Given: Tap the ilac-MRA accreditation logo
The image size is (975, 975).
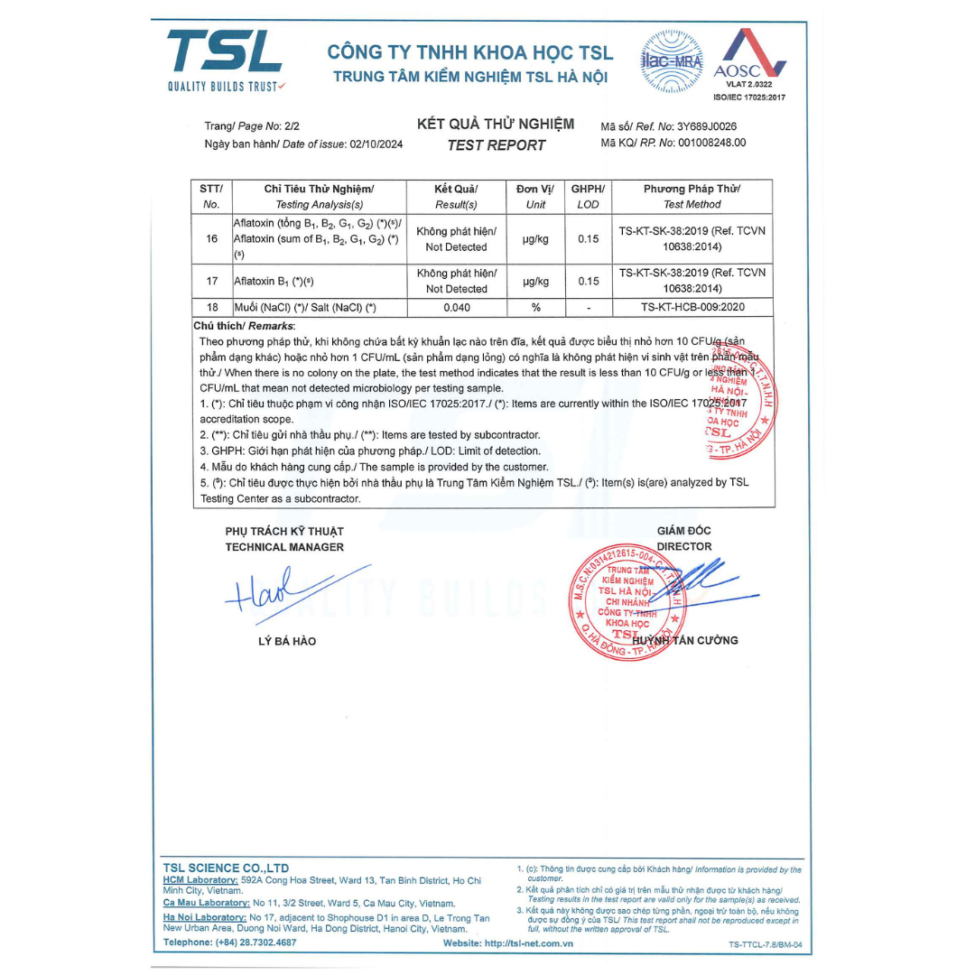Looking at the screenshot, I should (x=672, y=61).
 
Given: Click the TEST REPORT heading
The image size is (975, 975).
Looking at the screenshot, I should (x=496, y=145).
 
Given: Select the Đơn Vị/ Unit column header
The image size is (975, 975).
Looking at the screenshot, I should (x=534, y=196).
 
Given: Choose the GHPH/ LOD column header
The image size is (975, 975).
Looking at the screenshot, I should (x=588, y=196).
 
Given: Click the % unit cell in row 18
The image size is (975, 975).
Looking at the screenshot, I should (x=535, y=308).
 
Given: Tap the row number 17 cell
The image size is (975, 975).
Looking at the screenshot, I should (x=212, y=281).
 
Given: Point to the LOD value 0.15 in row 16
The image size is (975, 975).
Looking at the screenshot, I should (x=588, y=238).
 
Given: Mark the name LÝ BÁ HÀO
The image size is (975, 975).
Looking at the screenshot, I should (x=287, y=641).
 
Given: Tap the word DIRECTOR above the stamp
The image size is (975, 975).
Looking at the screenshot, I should (x=683, y=546).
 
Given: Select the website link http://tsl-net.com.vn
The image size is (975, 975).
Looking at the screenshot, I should (x=528, y=943).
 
